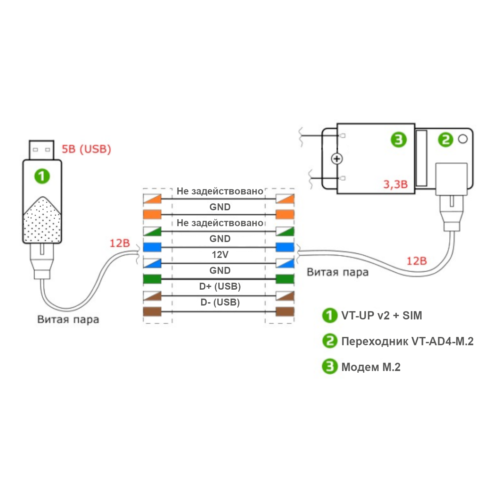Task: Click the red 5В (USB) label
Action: tap(86, 149)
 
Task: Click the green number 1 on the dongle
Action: tap(42, 176)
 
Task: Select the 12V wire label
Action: tap(220, 255)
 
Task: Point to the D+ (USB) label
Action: tap(220, 286)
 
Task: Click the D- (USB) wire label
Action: tap(220, 302)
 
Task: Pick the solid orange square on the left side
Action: tap(152, 214)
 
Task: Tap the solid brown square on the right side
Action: tap(285, 311)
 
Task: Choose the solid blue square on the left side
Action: tap(152, 247)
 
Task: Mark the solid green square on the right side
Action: tap(285, 279)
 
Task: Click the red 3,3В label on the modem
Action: tap(395, 184)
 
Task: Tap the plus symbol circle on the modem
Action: tap(337, 159)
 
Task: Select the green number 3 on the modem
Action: tap(398, 140)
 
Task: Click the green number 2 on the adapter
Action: tap(445, 140)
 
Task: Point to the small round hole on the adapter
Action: tap(463, 139)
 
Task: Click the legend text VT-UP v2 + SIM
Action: tap(381, 315)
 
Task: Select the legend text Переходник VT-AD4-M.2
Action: tap(407, 341)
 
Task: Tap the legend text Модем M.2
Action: tap(371, 367)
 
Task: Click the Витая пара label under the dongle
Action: tap(68, 319)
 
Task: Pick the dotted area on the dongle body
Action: tap(42, 222)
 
